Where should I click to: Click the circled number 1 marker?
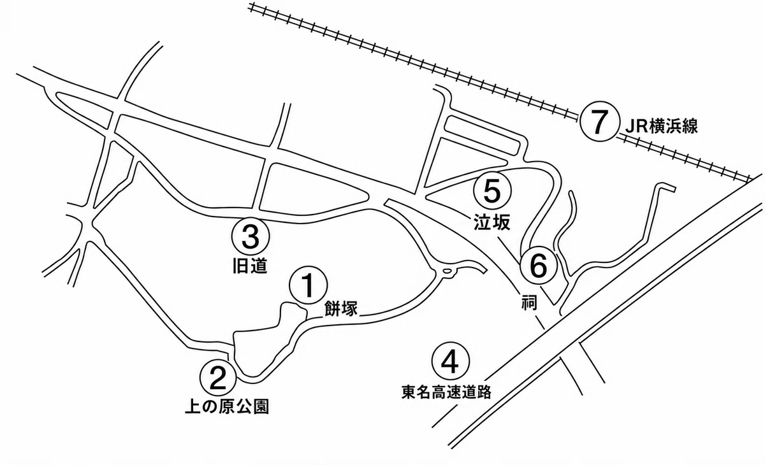pos(309,285)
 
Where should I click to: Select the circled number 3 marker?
pos(251,236)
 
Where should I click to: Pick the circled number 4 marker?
pos(451,362)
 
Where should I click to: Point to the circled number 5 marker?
pos(492,191)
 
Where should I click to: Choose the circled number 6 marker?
pos(539,265)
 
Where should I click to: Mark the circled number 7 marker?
pos(599,122)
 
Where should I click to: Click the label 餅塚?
pos(340,309)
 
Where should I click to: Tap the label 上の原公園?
pos(227,406)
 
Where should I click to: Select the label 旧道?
pos(250,266)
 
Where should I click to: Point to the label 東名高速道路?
pos(446,392)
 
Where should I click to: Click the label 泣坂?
pos(492,222)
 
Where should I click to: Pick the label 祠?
pos(529,302)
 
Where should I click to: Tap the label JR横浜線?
pos(662,126)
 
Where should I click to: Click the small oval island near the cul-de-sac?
pos(447,271)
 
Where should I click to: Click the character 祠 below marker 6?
pos(529,302)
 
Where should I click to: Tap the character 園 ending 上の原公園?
pos(261,406)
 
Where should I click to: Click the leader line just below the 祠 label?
pos(539,323)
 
